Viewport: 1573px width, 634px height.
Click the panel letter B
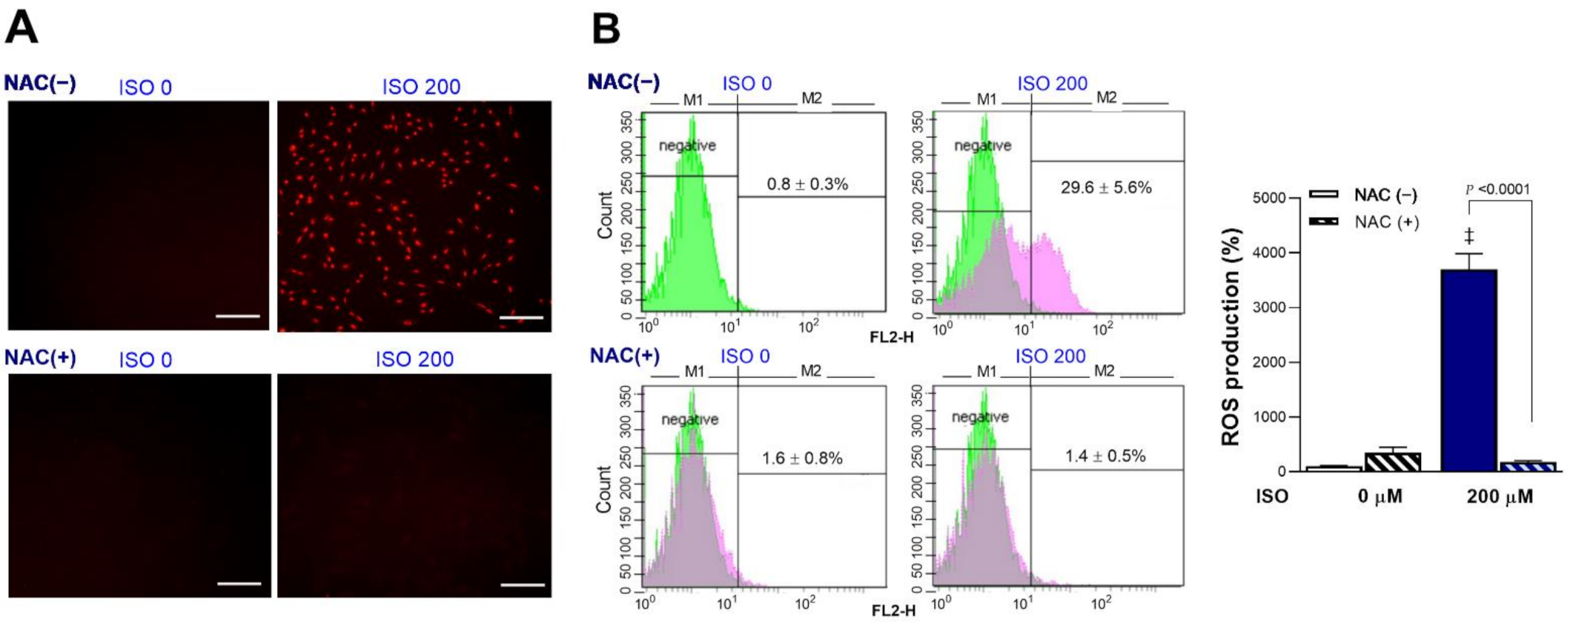click(x=606, y=30)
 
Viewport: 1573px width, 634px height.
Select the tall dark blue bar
click(x=1468, y=370)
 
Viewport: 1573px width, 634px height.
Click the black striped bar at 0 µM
click(x=1393, y=461)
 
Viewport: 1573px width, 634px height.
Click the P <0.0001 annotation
click(x=1497, y=190)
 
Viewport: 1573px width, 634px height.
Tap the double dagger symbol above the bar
click(x=1468, y=236)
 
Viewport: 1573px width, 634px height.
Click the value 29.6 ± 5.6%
click(x=1105, y=187)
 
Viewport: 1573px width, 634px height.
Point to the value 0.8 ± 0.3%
click(x=807, y=184)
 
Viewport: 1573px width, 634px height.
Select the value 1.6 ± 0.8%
click(x=802, y=458)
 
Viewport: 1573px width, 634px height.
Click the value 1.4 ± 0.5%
click(x=1105, y=456)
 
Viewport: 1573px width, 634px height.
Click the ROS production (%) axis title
click(x=1231, y=337)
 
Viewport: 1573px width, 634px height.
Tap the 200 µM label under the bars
click(x=1499, y=496)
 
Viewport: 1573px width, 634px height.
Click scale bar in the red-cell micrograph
click(x=521, y=318)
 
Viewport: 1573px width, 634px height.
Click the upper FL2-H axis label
click(x=891, y=337)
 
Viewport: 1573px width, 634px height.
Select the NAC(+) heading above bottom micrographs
click(x=40, y=358)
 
